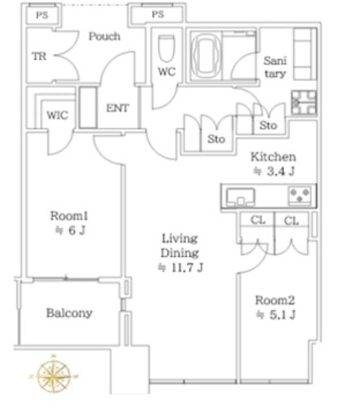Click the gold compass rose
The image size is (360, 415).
(53, 375)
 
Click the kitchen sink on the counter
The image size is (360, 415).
(241, 196)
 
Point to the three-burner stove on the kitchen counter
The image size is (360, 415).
(300, 196)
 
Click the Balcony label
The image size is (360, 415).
(69, 313)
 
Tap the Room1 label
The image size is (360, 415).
(69, 216)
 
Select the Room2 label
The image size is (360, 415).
(275, 300)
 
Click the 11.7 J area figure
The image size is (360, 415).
(187, 268)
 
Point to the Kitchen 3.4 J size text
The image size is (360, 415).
(274, 164)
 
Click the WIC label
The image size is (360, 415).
(58, 115)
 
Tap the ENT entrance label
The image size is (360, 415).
(117, 108)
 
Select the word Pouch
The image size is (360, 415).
(104, 36)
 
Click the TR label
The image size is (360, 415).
(39, 56)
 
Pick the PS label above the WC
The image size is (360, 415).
(158, 14)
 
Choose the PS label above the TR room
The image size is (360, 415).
(42, 15)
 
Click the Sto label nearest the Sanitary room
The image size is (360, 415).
(268, 125)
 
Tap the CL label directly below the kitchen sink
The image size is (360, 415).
(258, 220)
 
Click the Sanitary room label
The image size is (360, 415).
(275, 67)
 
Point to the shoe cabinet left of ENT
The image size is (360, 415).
(88, 108)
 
